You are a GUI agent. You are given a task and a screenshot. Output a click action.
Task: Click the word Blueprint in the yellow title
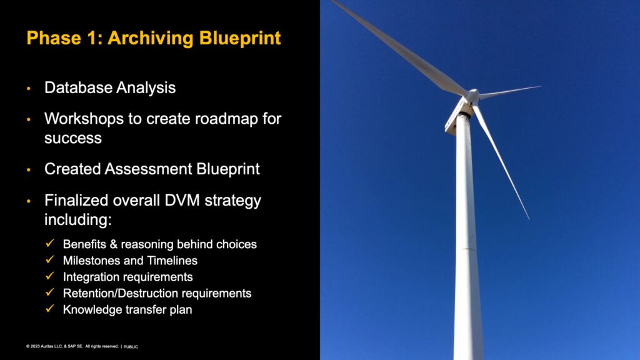point(240,38)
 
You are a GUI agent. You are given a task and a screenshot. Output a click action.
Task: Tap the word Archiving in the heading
point(151,38)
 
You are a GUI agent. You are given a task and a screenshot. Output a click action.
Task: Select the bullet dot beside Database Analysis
point(29,88)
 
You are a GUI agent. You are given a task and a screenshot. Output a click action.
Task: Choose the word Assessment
point(148,169)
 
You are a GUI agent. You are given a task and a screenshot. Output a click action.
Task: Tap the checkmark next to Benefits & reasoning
point(50,244)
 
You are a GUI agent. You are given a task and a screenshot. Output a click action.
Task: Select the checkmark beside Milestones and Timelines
point(50,260)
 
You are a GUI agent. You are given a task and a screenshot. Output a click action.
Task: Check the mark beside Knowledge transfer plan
point(50,309)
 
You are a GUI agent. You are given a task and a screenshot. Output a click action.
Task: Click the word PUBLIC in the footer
point(131,347)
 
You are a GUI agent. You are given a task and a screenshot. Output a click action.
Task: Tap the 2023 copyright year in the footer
point(35,346)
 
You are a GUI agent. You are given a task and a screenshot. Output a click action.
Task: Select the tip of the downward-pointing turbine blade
point(529,219)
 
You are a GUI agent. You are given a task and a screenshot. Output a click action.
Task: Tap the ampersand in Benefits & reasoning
point(114,244)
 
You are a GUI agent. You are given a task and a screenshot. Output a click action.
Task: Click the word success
point(73,138)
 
